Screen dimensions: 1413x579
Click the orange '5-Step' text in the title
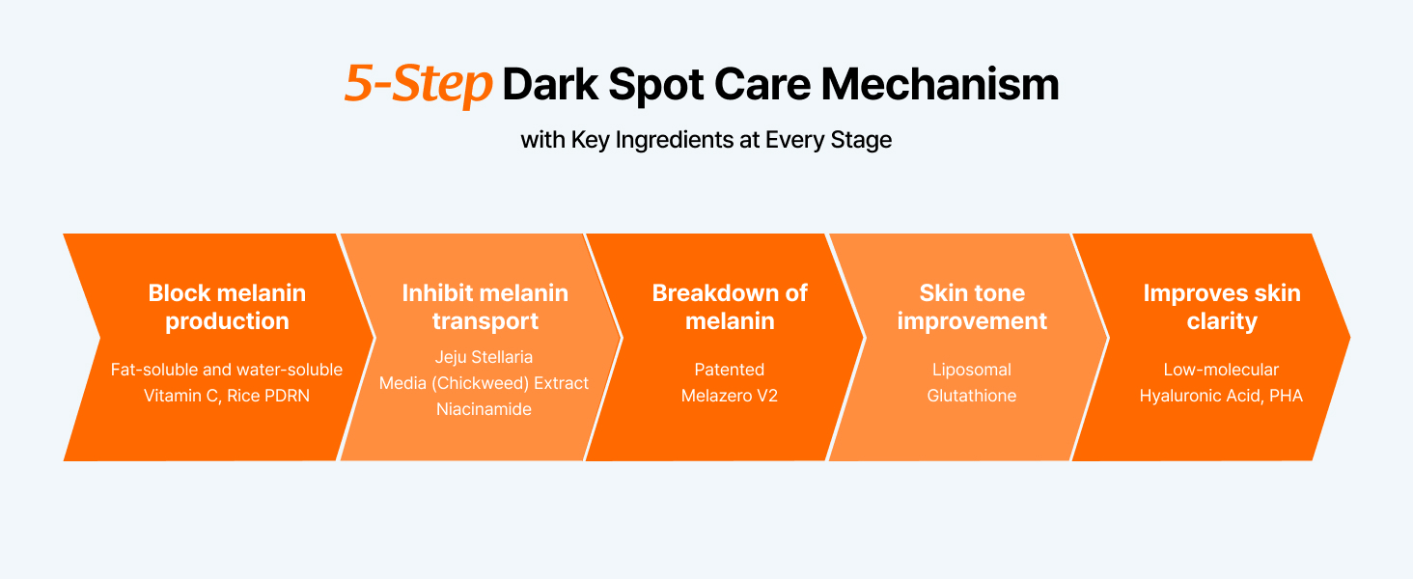point(418,84)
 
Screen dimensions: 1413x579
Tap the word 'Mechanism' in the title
point(940,85)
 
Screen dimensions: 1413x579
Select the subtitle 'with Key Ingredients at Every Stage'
point(706,140)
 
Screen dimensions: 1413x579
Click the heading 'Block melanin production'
point(227,307)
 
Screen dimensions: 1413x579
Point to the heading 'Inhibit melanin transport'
point(485,307)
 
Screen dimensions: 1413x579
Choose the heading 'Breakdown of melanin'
point(730,307)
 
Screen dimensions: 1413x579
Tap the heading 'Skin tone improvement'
point(972,307)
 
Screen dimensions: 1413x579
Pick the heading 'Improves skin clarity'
point(1222,307)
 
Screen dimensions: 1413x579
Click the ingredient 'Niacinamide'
point(484,409)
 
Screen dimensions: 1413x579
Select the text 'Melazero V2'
point(730,396)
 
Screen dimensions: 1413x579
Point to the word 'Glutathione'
point(971,396)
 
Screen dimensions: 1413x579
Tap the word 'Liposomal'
point(971,370)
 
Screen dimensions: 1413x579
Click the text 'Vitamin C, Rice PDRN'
point(227,396)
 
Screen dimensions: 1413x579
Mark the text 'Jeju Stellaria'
point(484,357)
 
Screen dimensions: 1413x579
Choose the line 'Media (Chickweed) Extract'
point(484,383)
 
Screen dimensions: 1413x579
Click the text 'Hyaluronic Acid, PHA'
point(1221,396)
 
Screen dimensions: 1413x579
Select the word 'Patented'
point(730,370)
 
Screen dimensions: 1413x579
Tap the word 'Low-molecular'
point(1221,370)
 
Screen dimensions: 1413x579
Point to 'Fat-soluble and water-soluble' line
point(227,370)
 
